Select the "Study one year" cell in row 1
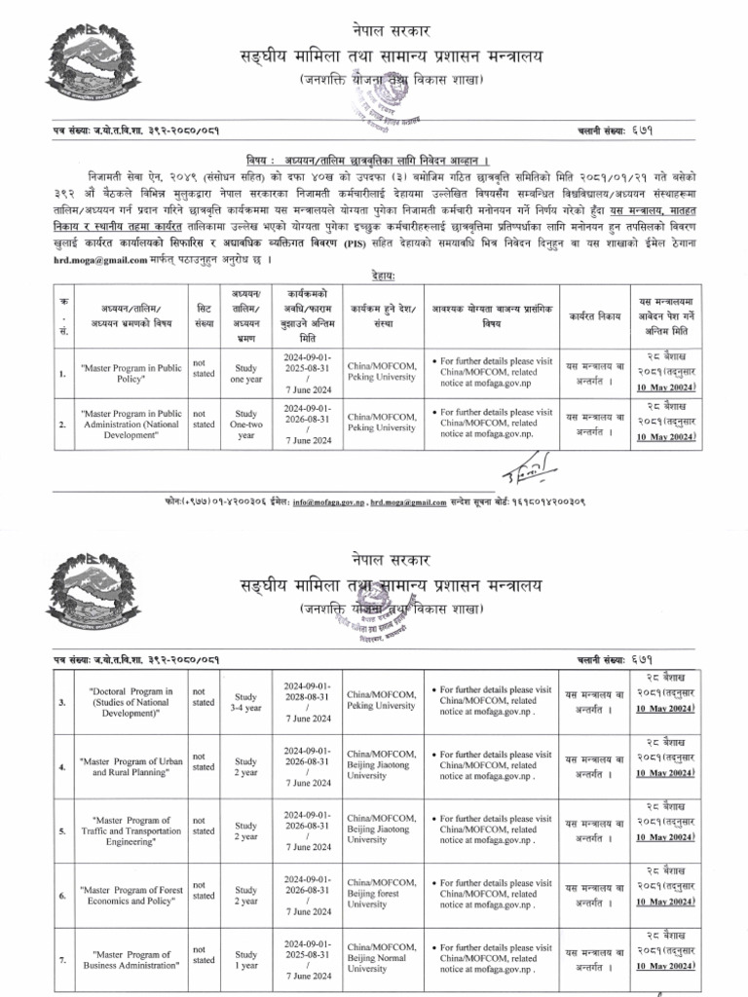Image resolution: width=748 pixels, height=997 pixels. point(245,374)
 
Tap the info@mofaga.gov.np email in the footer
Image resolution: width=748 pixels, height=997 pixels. point(320,502)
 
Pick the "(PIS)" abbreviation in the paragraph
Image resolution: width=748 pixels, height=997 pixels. point(354,247)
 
